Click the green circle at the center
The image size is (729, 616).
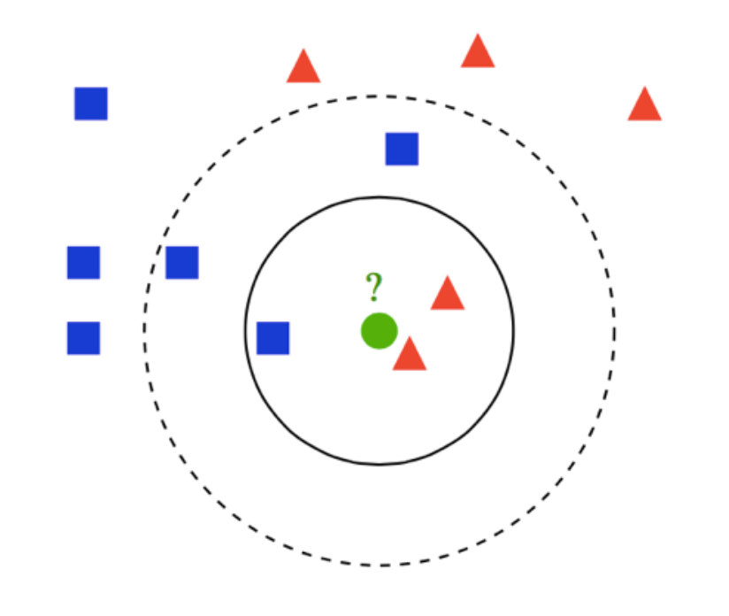point(379,331)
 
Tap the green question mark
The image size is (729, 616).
point(374,287)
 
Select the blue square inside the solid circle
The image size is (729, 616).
point(272,338)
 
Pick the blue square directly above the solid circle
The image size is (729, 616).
point(402,149)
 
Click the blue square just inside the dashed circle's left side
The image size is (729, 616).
point(182,263)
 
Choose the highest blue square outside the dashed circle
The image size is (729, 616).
point(91,104)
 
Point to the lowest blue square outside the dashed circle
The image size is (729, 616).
point(83,338)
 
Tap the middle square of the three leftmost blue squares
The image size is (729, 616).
point(83,263)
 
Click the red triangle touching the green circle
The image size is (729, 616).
point(410,356)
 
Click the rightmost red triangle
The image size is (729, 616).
point(645,106)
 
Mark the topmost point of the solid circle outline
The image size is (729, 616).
point(380,196)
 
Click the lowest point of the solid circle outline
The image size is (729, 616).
point(380,464)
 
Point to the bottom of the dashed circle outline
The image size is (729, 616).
point(380,566)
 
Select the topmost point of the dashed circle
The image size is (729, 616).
point(380,96)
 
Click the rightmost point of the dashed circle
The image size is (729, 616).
point(615,331)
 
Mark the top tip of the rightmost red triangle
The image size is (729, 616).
point(645,88)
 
